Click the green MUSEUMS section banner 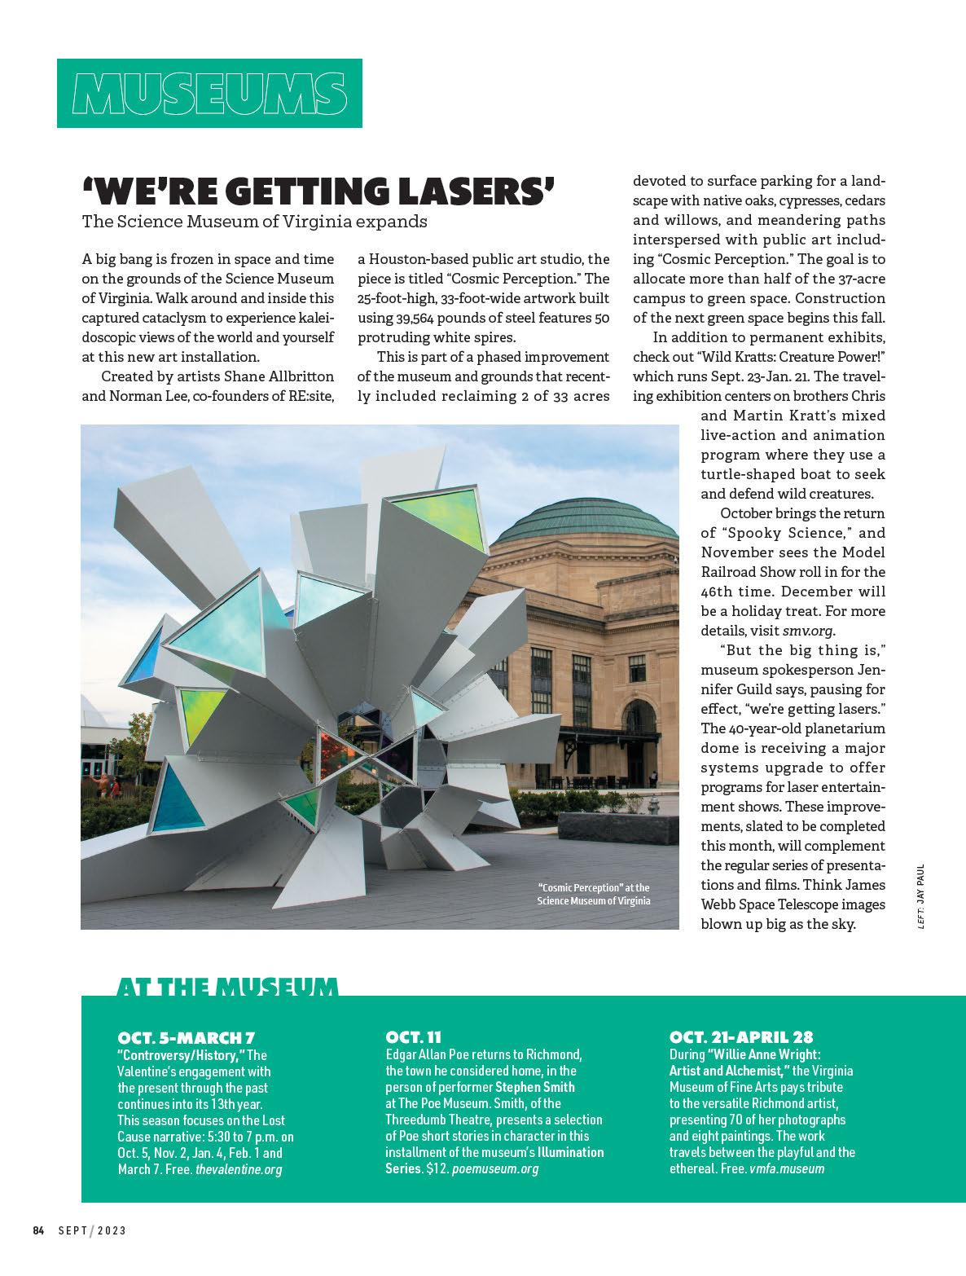pyautogui.click(x=209, y=93)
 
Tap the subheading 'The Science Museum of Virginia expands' pyautogui.click(x=254, y=221)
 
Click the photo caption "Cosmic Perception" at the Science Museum pyautogui.click(x=594, y=893)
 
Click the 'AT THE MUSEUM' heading pyautogui.click(x=227, y=988)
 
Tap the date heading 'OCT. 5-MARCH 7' pyautogui.click(x=187, y=1038)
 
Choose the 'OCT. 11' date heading pyautogui.click(x=413, y=1037)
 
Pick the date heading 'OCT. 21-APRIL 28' pyautogui.click(x=741, y=1037)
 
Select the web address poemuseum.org pyautogui.click(x=495, y=1168)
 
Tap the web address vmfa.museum pyautogui.click(x=787, y=1168)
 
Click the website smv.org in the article pyautogui.click(x=809, y=631)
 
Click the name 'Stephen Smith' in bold pyautogui.click(x=535, y=1087)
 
